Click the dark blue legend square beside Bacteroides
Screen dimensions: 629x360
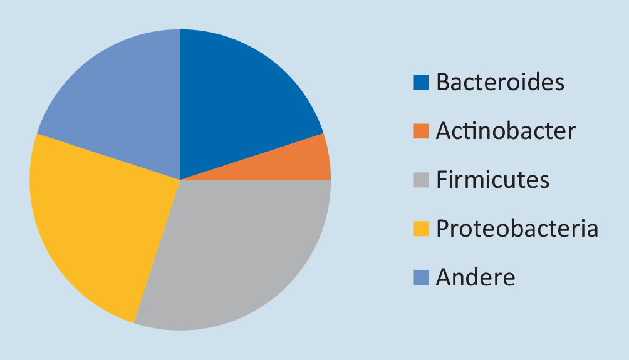click(x=421, y=82)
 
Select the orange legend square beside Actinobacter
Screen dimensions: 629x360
click(x=421, y=131)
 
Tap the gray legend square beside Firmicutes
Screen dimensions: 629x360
click(x=421, y=180)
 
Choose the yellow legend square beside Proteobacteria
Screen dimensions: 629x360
click(x=421, y=229)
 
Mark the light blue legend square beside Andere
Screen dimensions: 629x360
click(x=421, y=277)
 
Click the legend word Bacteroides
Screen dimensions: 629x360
click(x=500, y=82)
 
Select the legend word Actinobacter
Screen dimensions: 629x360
click(x=506, y=131)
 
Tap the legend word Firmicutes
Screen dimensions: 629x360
click(x=492, y=179)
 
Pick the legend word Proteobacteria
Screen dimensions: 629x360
click(x=517, y=228)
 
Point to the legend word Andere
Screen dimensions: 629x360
click(x=476, y=277)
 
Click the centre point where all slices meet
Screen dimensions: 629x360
click(x=180, y=180)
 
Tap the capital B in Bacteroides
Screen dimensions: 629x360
click(x=443, y=82)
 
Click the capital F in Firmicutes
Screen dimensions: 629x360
click(x=442, y=180)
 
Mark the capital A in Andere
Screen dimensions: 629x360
click(x=444, y=277)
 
